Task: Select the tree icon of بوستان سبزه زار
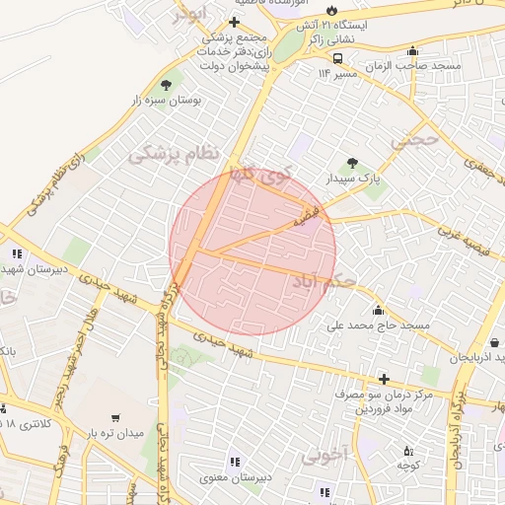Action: click(x=166, y=85)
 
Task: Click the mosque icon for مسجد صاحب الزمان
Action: click(x=412, y=52)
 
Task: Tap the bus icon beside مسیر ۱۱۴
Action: click(x=338, y=58)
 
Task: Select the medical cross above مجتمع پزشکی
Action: click(x=233, y=22)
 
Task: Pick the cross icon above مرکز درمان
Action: click(x=384, y=379)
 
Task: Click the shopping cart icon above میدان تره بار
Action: click(x=116, y=417)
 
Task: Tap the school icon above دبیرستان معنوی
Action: click(x=234, y=461)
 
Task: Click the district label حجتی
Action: click(x=412, y=141)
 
